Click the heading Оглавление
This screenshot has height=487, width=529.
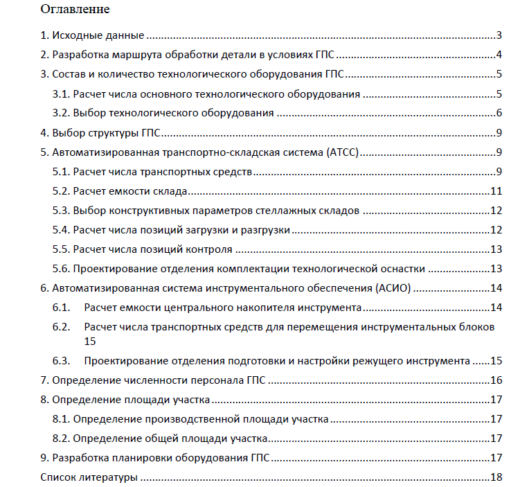pyautogui.click(x=75, y=10)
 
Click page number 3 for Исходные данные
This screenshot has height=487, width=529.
pyautogui.click(x=499, y=36)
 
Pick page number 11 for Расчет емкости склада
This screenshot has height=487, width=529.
pyautogui.click(x=496, y=191)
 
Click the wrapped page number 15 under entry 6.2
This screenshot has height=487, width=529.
pyautogui.click(x=89, y=341)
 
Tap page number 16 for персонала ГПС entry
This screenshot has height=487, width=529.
pyautogui.click(x=496, y=380)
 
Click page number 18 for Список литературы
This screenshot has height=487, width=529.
pyautogui.click(x=496, y=477)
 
